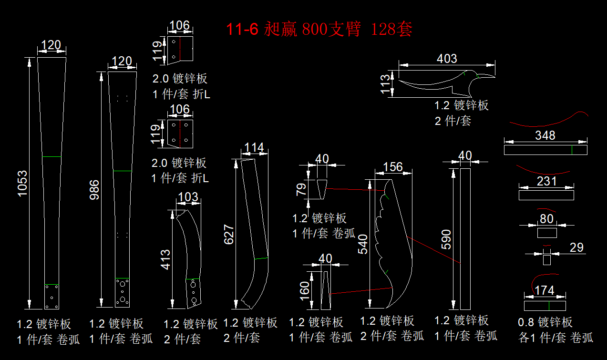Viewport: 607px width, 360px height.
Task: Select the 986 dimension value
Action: coord(95,190)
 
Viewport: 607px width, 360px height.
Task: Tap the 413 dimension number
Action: coord(165,259)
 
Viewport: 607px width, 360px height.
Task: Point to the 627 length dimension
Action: coord(229,234)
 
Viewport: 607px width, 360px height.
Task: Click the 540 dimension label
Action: coord(363,244)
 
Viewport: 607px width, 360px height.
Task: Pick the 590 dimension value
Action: coord(446,239)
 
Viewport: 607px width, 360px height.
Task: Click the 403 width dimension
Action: coord(447,59)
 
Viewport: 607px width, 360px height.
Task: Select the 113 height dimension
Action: coord(385,84)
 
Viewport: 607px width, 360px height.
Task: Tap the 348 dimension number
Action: coord(545,135)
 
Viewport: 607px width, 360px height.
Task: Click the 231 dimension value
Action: coord(546,182)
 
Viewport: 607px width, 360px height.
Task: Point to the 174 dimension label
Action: coord(545,290)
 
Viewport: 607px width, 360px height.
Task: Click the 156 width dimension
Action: coord(393,167)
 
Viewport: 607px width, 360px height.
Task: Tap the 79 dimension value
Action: coord(301,190)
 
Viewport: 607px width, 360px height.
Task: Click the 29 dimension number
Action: coord(576,247)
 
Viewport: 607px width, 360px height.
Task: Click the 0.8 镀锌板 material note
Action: coord(545,323)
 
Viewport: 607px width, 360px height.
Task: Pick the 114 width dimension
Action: coord(254,148)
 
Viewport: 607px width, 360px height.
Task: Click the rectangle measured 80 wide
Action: coord(547,233)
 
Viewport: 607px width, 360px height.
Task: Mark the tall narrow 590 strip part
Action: coord(465,238)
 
